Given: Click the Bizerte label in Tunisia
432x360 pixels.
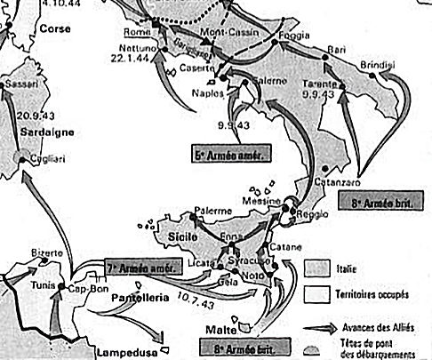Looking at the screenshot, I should pos(46,252).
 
